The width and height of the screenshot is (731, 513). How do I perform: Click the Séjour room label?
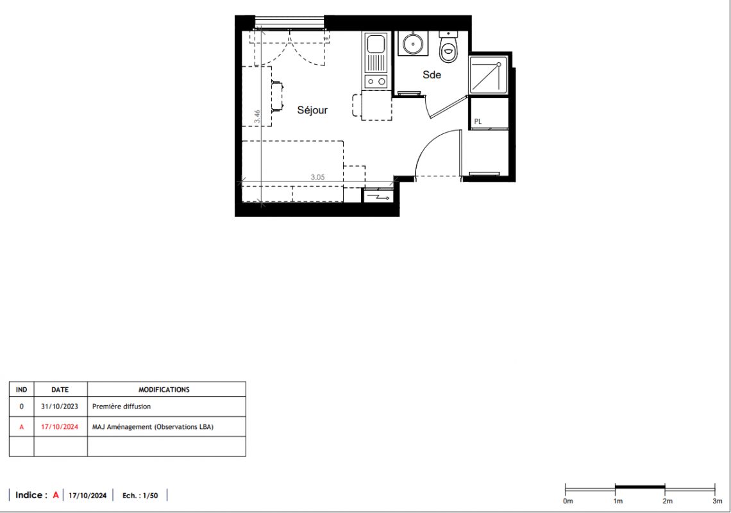(312, 110)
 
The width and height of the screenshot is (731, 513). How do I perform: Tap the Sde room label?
(432, 74)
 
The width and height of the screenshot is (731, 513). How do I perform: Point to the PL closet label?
(478, 121)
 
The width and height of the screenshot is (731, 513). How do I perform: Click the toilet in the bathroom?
(448, 47)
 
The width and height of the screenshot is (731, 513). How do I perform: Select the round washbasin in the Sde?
(413, 44)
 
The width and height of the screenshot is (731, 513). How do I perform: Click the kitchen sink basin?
(376, 44)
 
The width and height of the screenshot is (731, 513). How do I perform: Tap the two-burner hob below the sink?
(376, 81)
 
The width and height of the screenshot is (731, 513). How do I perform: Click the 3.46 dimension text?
(257, 117)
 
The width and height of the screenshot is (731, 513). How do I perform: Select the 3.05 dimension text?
(317, 177)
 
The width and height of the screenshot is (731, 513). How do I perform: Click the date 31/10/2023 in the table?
(60, 407)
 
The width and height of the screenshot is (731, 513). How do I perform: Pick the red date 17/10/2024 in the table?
(60, 426)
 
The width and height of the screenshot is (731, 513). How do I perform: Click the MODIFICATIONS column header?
(164, 390)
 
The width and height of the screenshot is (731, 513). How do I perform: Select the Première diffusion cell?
(121, 407)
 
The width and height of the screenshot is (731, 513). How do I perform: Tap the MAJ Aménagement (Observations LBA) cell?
(153, 426)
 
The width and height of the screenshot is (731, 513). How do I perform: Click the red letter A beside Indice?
(56, 495)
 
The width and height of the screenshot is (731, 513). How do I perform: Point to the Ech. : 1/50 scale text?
(140, 496)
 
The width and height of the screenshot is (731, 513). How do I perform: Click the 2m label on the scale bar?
(668, 501)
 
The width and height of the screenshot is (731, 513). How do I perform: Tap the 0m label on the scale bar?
(568, 501)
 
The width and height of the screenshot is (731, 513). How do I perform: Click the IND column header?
(21, 390)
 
